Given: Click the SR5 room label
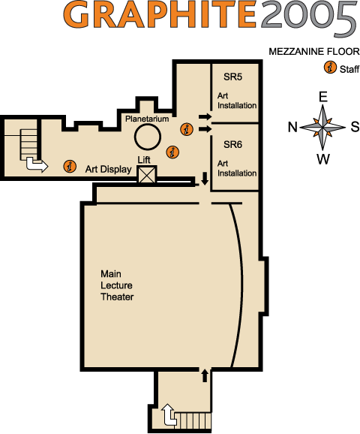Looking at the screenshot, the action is tap(232, 77).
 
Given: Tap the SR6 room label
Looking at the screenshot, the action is tap(232, 144).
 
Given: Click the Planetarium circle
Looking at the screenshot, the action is tap(148, 137).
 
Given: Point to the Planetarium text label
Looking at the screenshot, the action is tap(147, 119).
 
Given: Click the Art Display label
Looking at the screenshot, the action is tap(109, 169).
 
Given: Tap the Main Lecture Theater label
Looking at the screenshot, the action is tap(117, 285).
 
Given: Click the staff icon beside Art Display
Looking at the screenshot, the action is tap(70, 166).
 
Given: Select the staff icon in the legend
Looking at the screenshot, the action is tap(330, 68).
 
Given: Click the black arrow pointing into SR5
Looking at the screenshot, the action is tap(205, 116).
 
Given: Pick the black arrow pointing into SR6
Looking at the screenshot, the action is tap(205, 129).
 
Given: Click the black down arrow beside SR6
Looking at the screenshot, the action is tap(205, 179).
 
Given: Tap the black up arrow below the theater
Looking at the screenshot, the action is tap(205, 375).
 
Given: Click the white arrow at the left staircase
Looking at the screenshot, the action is tap(37, 164).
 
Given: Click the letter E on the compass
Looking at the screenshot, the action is tap(323, 97).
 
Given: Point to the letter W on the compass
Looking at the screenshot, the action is tap(323, 159).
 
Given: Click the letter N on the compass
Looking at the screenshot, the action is tap(292, 128).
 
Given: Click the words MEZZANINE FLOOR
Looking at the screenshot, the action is tap(314, 52).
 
